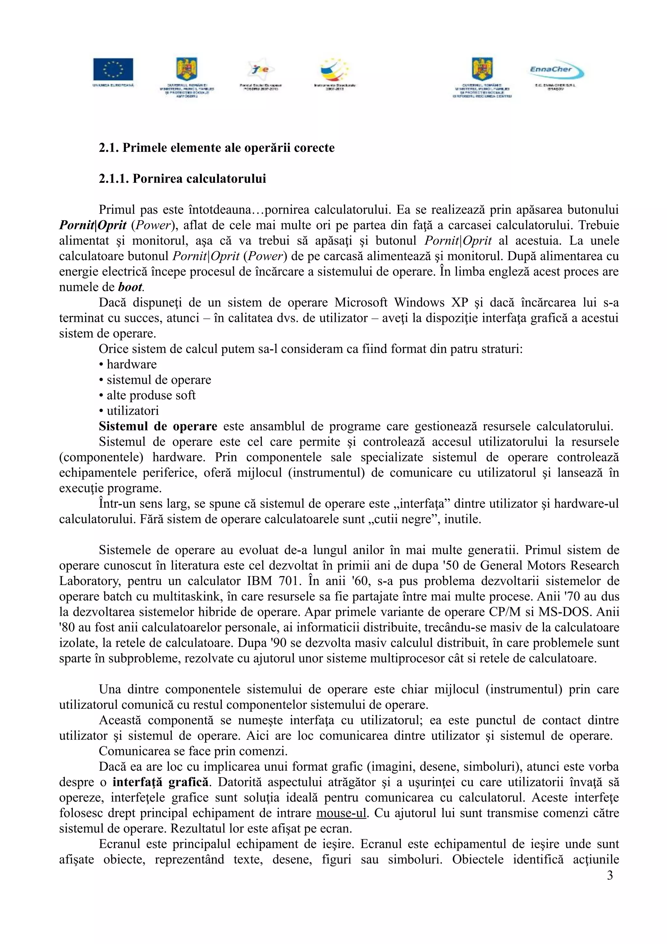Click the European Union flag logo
pyautogui.click(x=113, y=69)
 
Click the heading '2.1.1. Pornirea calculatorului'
pyautogui.click(x=182, y=179)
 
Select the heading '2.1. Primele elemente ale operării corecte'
pyautogui.click(x=217, y=148)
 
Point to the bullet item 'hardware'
pyautogui.click(x=131, y=364)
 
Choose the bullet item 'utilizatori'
pyautogui.click(x=132, y=411)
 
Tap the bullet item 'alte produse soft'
pyautogui.click(x=150, y=395)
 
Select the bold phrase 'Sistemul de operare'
pyautogui.click(x=158, y=426)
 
